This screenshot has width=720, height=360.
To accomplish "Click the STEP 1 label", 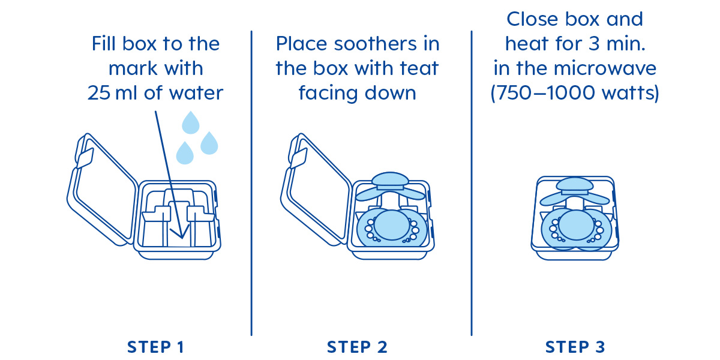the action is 156,347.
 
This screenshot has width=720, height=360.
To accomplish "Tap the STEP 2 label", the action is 357,347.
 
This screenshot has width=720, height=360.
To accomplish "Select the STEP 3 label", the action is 575,347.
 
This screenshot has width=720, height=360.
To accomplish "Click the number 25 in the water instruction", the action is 99,93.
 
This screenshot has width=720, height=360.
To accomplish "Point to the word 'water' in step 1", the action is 196,93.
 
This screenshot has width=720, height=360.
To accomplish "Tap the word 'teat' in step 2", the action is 419,68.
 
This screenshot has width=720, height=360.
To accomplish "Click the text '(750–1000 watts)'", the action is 575,93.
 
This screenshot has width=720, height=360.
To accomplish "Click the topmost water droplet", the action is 191,122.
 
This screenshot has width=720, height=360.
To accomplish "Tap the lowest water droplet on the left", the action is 185,153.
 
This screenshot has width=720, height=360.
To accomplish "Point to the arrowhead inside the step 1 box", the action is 181,233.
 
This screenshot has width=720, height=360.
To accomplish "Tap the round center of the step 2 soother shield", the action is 392,225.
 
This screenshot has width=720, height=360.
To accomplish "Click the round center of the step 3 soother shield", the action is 576,225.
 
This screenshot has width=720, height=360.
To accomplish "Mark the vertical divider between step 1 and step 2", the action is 251,183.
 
